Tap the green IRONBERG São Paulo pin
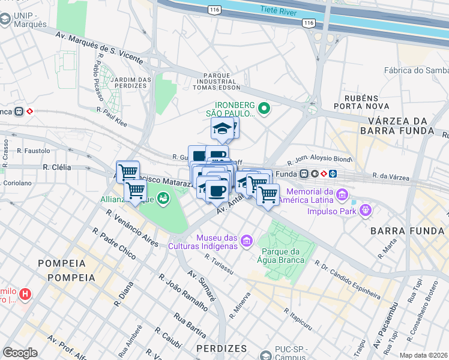coord(264,109)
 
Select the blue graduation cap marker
coord(222,128)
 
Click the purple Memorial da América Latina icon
coord(342,194)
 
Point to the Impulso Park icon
coord(365,211)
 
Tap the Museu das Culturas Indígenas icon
coord(246,241)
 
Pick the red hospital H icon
coord(25,295)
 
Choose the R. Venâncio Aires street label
coord(129,228)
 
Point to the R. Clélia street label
coord(57,167)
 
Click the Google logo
coord(20,352)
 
